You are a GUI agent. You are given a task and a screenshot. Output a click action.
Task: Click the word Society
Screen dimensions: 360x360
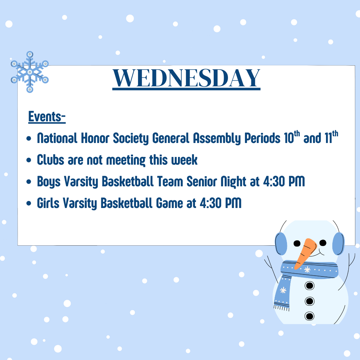click(x=131, y=138)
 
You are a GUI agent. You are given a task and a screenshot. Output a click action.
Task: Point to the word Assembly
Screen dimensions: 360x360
click(x=217, y=138)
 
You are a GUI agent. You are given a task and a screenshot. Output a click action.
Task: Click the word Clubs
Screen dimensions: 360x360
click(x=51, y=160)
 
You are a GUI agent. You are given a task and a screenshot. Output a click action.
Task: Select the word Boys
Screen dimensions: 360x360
click(x=49, y=182)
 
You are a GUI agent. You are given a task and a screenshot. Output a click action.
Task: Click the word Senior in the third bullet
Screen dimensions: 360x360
click(x=202, y=181)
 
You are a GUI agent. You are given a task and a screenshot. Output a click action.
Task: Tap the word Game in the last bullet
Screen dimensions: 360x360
click(x=169, y=203)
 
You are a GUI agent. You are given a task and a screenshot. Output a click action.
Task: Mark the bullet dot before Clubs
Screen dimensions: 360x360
click(x=29, y=160)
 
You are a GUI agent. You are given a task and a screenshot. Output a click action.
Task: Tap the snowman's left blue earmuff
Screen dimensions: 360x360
click(x=281, y=244)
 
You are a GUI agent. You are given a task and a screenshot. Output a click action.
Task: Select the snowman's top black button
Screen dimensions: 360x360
click(x=309, y=286)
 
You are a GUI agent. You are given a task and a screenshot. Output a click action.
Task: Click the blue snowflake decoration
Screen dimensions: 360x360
click(x=30, y=72)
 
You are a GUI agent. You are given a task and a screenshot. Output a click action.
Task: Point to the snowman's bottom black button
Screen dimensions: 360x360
click(x=309, y=316)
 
